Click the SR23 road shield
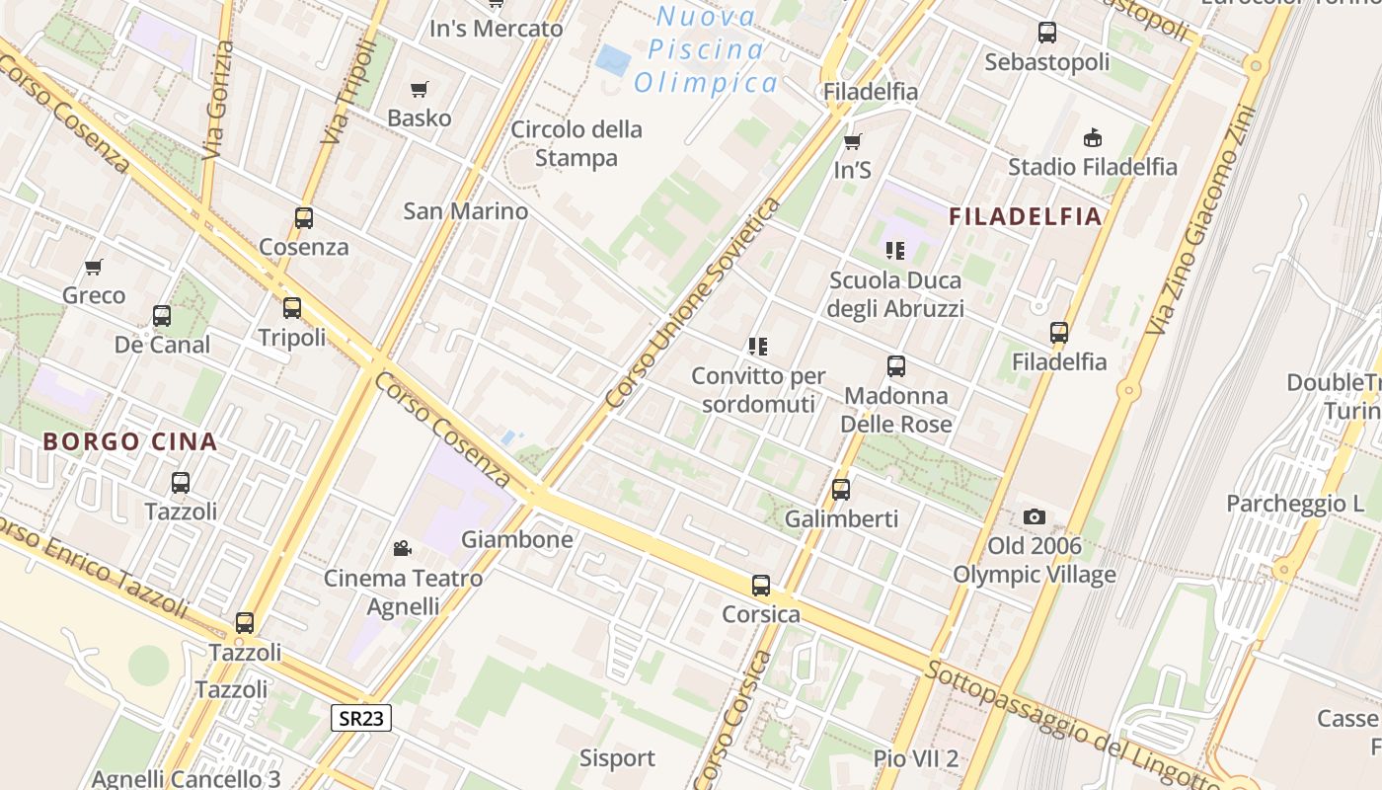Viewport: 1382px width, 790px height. click(360, 718)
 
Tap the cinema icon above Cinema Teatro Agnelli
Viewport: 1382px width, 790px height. click(402, 548)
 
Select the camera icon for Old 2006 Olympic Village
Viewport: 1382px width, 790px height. click(1034, 516)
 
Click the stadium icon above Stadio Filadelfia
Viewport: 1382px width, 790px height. click(1092, 137)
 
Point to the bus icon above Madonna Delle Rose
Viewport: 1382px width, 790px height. click(895, 366)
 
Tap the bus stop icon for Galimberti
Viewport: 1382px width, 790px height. click(840, 489)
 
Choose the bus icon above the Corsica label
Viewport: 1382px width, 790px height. click(760, 585)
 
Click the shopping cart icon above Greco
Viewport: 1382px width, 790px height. click(94, 267)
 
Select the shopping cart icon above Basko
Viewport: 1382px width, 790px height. click(419, 89)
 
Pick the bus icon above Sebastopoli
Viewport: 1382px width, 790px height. click(1046, 33)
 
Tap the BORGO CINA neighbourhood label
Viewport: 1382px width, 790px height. click(129, 441)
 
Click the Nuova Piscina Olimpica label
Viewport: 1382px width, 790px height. click(707, 49)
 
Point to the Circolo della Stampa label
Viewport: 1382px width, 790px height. click(576, 143)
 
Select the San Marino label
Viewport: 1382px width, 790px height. click(465, 211)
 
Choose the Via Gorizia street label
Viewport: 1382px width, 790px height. click(216, 99)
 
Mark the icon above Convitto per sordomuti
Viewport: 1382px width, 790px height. click(757, 347)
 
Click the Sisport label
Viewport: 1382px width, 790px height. click(617, 758)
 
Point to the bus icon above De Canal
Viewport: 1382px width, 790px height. click(162, 316)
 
